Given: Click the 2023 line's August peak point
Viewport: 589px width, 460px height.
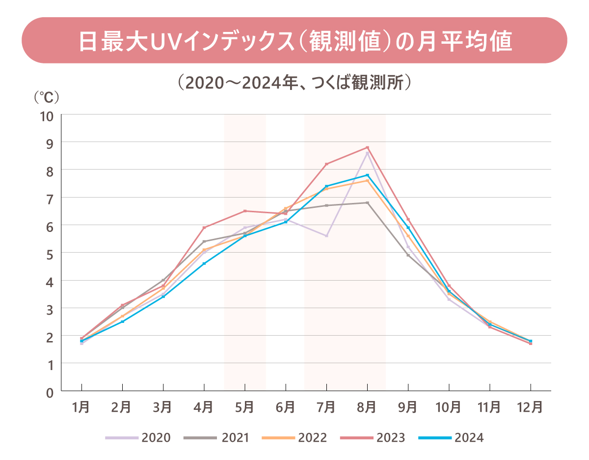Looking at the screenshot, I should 367,147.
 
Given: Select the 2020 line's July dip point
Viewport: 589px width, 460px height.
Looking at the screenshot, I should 326,236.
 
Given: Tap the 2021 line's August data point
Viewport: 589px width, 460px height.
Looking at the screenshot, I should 367,202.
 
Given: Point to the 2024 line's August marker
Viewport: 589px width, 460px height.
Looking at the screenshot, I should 367,175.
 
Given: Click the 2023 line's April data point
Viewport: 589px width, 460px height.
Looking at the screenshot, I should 204,228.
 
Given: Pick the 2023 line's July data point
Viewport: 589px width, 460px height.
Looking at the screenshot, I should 326,164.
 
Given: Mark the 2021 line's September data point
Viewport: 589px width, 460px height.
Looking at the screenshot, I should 408,255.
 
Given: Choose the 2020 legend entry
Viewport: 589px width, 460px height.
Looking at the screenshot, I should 138,437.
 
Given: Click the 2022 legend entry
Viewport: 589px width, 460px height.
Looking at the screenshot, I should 294,437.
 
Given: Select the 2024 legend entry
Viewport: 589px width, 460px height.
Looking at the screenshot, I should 451,437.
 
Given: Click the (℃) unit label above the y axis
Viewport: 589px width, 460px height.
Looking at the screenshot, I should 47,97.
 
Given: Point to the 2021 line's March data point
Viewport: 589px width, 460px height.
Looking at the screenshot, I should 163,280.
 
